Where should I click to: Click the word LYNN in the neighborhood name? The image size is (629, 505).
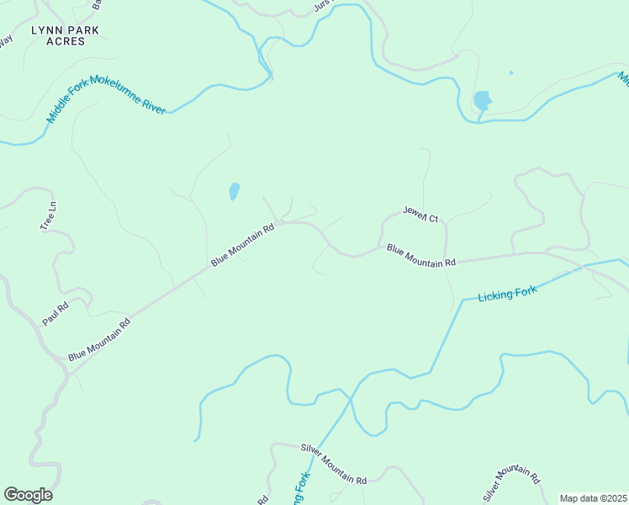(47, 30)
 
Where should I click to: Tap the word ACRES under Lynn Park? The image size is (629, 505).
(66, 41)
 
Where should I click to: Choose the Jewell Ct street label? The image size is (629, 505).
(420, 215)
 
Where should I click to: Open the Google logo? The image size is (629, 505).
(28, 495)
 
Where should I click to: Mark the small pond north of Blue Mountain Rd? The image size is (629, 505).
(234, 192)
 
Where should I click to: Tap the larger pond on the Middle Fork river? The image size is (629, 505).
(482, 102)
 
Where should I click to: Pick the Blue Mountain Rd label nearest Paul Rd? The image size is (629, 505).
(99, 339)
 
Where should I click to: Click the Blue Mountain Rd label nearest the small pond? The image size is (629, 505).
(243, 245)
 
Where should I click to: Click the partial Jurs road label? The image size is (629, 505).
(324, 5)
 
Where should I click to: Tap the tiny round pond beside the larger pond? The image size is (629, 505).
(510, 73)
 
